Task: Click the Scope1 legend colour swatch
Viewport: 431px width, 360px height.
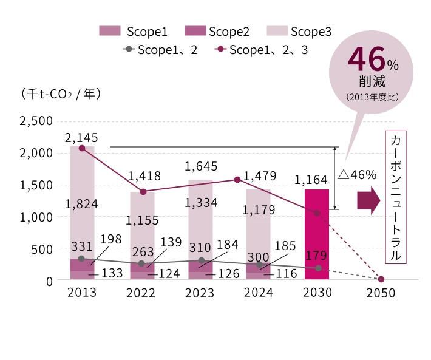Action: (x=110, y=32)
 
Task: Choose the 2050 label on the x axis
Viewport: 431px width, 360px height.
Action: (x=381, y=293)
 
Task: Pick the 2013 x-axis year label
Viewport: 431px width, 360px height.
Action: (x=81, y=293)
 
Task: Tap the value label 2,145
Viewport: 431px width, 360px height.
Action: (x=82, y=138)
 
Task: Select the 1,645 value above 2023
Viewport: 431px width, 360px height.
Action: (x=201, y=166)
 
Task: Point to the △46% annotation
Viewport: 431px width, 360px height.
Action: (x=358, y=175)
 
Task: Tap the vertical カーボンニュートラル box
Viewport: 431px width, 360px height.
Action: (x=395, y=197)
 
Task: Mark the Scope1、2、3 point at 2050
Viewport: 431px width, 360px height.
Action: (x=381, y=279)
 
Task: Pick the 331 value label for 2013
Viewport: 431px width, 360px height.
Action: (x=82, y=246)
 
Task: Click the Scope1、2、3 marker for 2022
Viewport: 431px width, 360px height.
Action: (x=143, y=192)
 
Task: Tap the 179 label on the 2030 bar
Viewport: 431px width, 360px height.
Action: (x=316, y=255)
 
